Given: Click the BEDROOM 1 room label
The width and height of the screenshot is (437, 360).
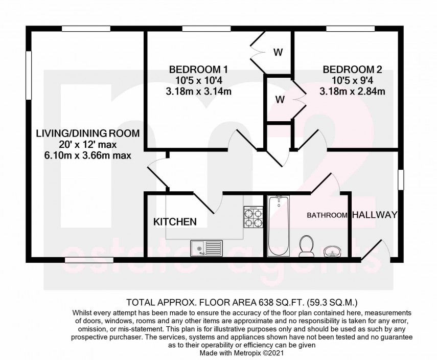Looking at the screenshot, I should coord(198,70).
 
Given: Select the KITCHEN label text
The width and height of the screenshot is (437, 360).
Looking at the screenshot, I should coord(175,221).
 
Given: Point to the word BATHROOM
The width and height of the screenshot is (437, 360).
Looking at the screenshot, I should coord(327,215).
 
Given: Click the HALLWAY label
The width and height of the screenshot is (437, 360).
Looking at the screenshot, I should coord(375,215).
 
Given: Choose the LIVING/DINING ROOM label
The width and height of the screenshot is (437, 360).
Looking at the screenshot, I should coord(87,133).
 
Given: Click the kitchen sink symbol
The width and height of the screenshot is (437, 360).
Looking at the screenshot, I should coord(204,248).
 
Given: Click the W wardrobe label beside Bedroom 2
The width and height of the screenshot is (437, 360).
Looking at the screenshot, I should coord(279,100).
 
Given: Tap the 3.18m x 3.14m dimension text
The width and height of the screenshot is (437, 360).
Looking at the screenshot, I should coord(198,92).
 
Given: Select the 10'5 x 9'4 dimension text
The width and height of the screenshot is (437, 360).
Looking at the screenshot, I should coord(352,81).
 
